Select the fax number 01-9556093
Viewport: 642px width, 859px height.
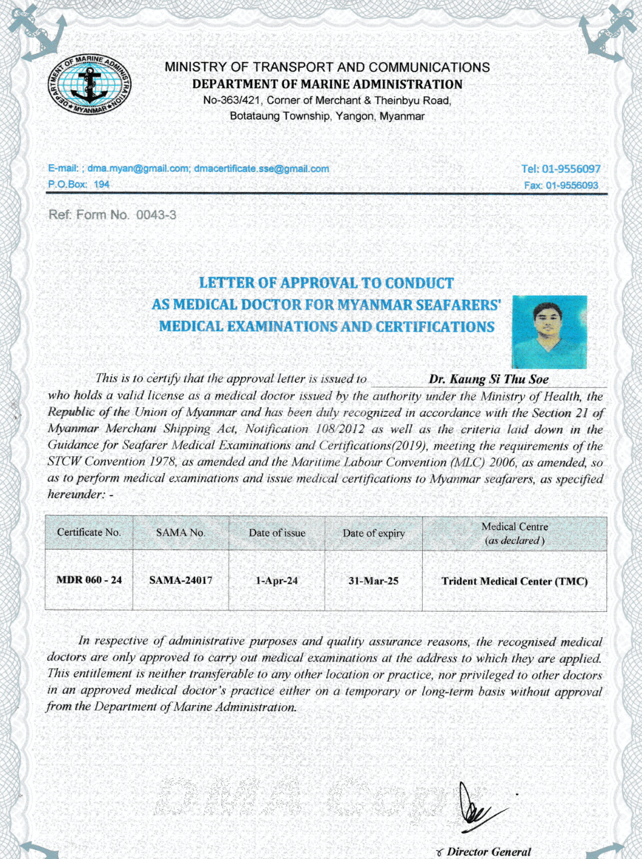tap(572, 185)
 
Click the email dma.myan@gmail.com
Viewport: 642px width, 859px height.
tap(138, 169)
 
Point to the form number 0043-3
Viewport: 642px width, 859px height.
tap(156, 215)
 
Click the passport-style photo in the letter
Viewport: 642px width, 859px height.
tap(549, 331)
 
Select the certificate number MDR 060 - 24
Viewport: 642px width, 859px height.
tap(89, 580)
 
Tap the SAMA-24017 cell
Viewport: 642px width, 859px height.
tap(180, 580)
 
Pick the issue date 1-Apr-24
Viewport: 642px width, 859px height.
tap(277, 580)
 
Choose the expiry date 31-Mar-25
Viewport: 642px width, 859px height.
tap(373, 580)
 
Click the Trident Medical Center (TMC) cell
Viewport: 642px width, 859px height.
tap(514, 581)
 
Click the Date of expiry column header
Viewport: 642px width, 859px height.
tap(373, 533)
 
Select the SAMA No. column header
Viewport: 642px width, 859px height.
tap(180, 532)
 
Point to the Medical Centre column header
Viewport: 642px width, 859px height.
tap(514, 533)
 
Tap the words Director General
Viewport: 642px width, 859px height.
tap(488, 852)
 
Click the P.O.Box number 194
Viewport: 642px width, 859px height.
tap(101, 184)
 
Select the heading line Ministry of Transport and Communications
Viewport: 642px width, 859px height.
tap(327, 67)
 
